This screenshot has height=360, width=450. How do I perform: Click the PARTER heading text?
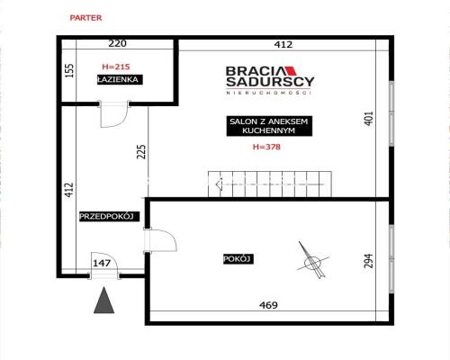tap(85, 18)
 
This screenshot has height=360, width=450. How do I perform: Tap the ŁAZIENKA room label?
tap(120, 79)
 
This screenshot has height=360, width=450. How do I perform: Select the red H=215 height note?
tap(116, 67)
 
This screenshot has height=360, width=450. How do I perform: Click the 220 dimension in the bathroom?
tap(117, 43)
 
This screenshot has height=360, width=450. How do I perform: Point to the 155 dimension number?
tap(69, 71)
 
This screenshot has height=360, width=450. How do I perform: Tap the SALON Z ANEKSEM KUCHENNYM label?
tap(269, 126)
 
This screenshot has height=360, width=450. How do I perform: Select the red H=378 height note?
tap(266, 147)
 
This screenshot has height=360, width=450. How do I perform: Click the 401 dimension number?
tap(369, 119)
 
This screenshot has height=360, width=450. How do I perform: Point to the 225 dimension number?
tap(141, 151)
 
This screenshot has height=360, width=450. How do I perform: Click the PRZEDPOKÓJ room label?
tap(110, 216)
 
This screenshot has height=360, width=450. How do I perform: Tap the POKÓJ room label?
tap(238, 259)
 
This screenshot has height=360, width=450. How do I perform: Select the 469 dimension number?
tap(268, 305)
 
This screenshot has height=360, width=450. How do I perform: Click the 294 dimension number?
tap(369, 260)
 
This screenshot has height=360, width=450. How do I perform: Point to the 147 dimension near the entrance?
tap(102, 263)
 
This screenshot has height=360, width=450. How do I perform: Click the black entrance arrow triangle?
tap(103, 300)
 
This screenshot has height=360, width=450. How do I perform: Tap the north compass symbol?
tap(313, 260)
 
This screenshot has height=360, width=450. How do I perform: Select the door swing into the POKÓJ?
tap(160, 240)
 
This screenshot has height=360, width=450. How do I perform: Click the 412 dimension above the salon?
tap(283, 45)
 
